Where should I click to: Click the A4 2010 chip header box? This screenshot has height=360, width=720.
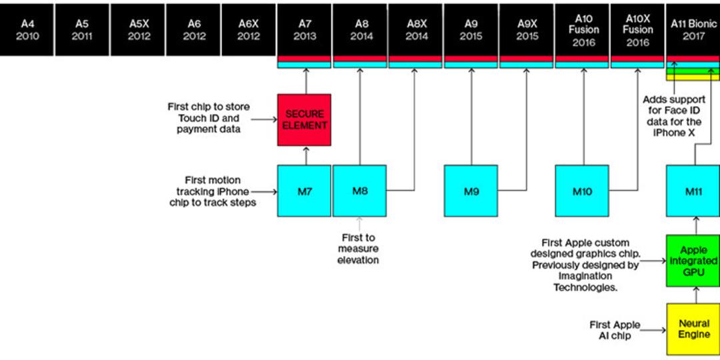click(x=27, y=30)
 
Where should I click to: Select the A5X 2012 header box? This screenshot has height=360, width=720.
click(x=139, y=30)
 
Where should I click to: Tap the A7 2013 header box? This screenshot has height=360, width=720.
click(x=305, y=30)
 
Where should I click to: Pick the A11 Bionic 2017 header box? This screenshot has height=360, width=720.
click(x=693, y=30)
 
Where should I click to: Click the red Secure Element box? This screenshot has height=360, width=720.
click(x=304, y=120)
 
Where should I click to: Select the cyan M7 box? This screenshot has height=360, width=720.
click(x=304, y=191)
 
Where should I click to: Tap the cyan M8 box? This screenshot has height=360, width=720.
click(x=359, y=191)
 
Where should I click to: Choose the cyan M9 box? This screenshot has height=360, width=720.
click(x=471, y=191)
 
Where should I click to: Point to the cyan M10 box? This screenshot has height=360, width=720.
click(x=582, y=191)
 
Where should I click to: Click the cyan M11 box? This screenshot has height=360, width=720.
click(x=693, y=191)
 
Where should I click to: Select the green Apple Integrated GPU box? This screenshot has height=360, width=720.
click(x=693, y=261)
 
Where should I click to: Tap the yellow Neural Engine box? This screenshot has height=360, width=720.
click(x=693, y=329)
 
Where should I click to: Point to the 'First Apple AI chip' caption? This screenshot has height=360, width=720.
click(x=615, y=330)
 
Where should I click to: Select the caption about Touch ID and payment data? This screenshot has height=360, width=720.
click(x=209, y=118)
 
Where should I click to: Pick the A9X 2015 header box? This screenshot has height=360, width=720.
click(x=527, y=30)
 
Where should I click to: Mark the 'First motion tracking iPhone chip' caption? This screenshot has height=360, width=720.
click(x=213, y=191)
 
